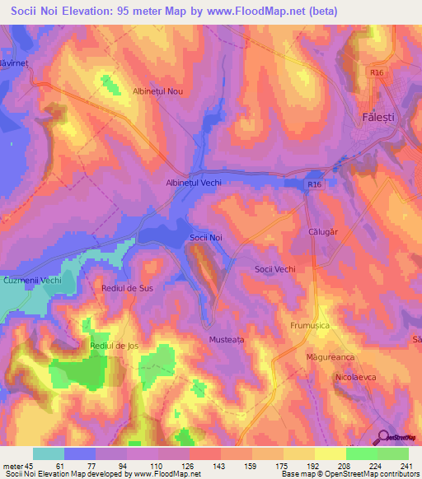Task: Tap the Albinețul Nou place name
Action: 157,92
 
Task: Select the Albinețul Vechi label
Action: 194,184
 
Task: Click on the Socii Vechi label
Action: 274,269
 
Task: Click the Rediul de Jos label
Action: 115,346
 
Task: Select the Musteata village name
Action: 222,339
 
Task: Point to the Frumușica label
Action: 310,326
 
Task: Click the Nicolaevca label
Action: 356,377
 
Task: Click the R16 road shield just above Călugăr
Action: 315,185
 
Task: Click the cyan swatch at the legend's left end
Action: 48,453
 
